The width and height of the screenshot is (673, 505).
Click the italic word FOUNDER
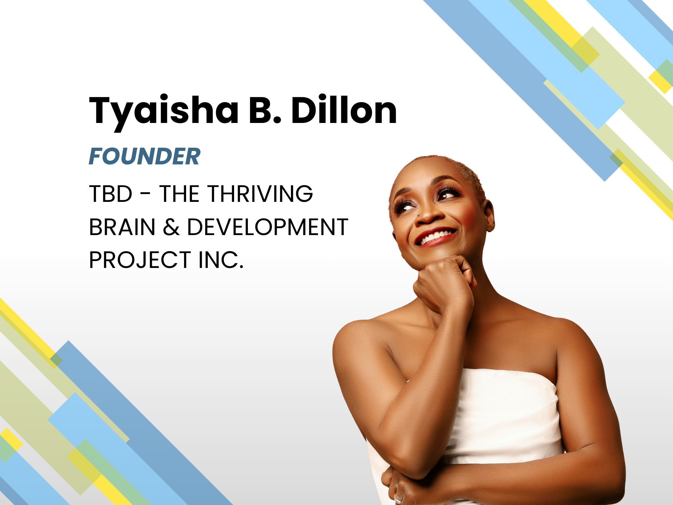tap(144, 156)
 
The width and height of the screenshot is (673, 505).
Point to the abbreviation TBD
tap(111, 194)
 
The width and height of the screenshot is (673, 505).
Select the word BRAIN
tap(122, 227)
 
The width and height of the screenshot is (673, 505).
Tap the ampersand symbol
tap(171, 227)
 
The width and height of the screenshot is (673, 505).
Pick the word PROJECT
tap(140, 260)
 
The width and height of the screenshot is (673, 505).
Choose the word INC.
tap(221, 260)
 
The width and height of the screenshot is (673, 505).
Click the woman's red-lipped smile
tap(436, 236)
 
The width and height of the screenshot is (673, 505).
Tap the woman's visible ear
tap(489, 216)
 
